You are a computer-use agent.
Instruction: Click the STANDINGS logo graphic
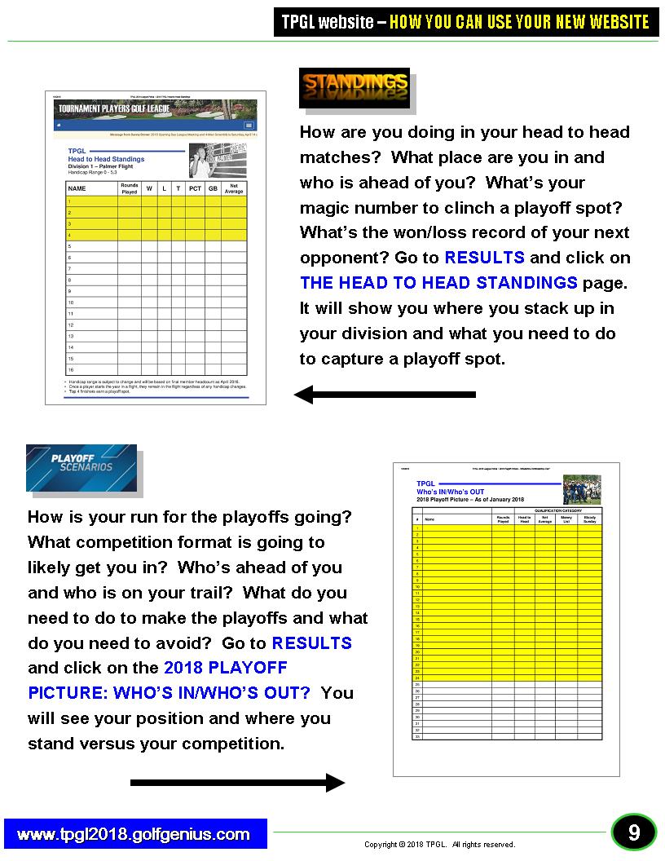click(x=355, y=84)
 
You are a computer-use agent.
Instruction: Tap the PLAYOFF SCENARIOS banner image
click(x=81, y=467)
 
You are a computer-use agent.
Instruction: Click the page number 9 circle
click(x=633, y=833)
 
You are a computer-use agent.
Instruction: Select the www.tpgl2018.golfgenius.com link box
click(x=134, y=834)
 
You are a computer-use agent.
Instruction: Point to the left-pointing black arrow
click(x=385, y=395)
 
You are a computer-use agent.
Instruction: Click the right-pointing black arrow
click(x=238, y=783)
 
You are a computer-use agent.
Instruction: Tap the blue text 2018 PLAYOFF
click(x=226, y=668)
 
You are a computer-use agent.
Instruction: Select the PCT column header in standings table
click(x=195, y=188)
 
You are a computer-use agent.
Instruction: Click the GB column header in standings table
click(x=213, y=188)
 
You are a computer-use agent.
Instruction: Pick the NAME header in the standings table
click(x=77, y=188)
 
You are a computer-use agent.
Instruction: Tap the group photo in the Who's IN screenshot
click(x=581, y=489)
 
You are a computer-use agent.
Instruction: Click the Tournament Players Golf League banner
click(x=155, y=109)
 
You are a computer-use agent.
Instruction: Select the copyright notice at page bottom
click(x=439, y=845)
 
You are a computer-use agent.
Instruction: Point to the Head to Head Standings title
click(x=106, y=159)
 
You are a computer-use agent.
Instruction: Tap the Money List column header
click(x=566, y=519)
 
